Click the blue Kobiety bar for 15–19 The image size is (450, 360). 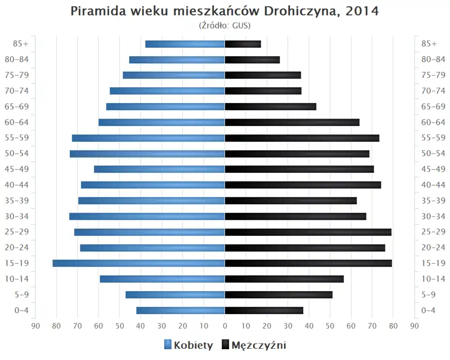click(139, 263)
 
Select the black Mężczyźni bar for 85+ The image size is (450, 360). click(243, 44)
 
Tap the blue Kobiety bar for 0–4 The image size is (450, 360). click(180, 310)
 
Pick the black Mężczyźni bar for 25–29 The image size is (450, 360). click(308, 232)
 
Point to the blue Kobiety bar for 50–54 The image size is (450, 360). click(147, 154)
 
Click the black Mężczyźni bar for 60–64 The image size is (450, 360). click(292, 122)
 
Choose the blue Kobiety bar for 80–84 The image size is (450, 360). click(177, 60)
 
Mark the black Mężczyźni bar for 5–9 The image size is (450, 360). click(278, 295)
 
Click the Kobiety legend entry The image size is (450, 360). click(188, 345)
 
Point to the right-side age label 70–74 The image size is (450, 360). click(433, 91)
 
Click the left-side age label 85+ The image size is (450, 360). click(21, 44)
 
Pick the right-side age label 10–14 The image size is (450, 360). click(433, 279)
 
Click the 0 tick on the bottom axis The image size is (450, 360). click(225, 326)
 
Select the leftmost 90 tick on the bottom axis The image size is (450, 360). click(35, 326)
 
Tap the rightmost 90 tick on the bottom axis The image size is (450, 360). click(414, 326)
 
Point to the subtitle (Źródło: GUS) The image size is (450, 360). click(225, 25)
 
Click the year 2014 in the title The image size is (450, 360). click(362, 12)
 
